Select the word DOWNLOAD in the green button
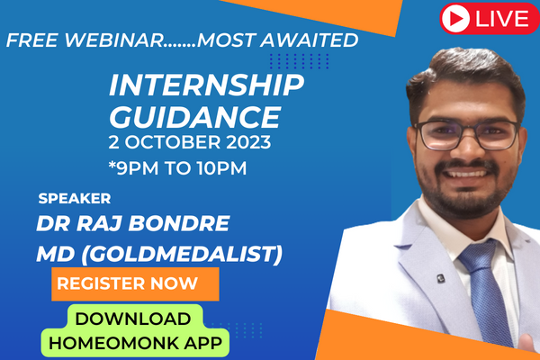coord(132,318)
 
